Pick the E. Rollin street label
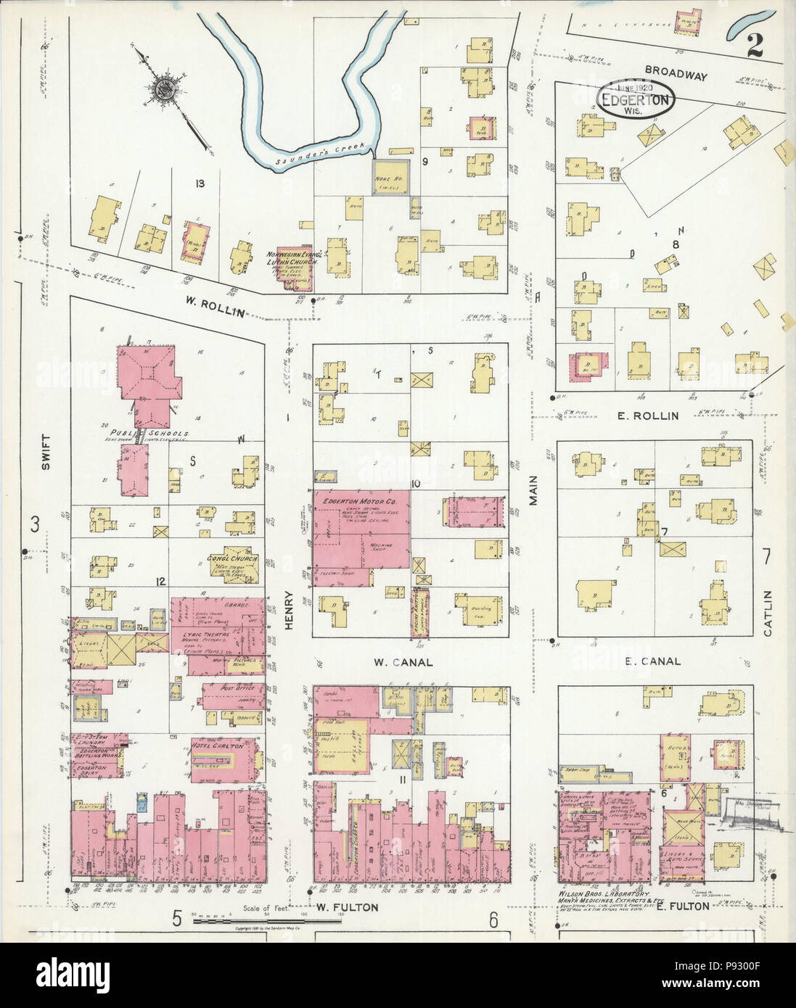[649, 416]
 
